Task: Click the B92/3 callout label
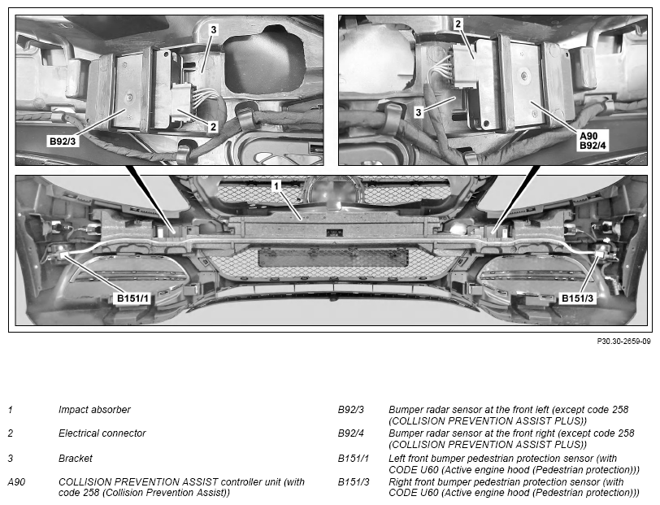point(63,141)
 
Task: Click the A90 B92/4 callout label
point(593,141)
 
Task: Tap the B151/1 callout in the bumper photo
point(132,298)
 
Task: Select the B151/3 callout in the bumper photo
point(577,298)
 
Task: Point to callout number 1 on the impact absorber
point(276,185)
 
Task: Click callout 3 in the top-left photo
point(214,29)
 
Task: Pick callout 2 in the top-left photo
point(213,126)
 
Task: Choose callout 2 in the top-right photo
point(458,24)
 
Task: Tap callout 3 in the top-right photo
point(418,112)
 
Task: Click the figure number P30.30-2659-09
point(623,342)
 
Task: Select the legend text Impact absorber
point(94,409)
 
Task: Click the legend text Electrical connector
point(102,433)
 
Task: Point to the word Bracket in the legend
point(76,459)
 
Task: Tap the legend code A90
point(16,482)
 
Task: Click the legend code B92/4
point(351,433)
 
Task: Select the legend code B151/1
point(353,459)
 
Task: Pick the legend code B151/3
point(354,482)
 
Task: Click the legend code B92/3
point(350,409)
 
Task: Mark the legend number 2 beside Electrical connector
point(11,433)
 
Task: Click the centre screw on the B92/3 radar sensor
point(130,98)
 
